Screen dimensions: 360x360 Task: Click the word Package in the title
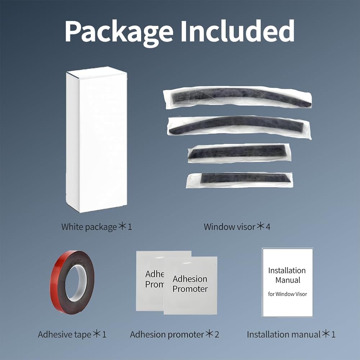pyautogui.click(x=118, y=32)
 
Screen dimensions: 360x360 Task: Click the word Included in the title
pyautogui.click(x=238, y=31)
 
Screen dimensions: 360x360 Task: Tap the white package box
pyautogui.click(x=96, y=140)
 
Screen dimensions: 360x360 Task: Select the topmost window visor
pyautogui.click(x=237, y=97)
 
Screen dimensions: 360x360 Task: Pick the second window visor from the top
pyautogui.click(x=239, y=126)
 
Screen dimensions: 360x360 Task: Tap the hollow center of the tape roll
pyautogui.click(x=76, y=283)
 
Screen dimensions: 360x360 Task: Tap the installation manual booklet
pyautogui.click(x=287, y=282)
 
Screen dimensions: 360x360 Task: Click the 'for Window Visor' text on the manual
pyautogui.click(x=287, y=294)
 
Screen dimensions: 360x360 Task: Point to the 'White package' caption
pyautogui.click(x=89, y=227)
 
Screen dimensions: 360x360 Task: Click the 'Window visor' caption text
pyautogui.click(x=229, y=227)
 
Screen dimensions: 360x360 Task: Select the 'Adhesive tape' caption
pyautogui.click(x=64, y=334)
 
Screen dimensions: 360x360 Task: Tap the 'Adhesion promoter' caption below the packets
pyautogui.click(x=167, y=334)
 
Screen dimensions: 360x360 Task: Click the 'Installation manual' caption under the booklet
pyautogui.click(x=284, y=334)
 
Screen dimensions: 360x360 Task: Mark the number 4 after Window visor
pyautogui.click(x=268, y=227)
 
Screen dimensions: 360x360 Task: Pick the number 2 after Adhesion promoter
pyautogui.click(x=217, y=334)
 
